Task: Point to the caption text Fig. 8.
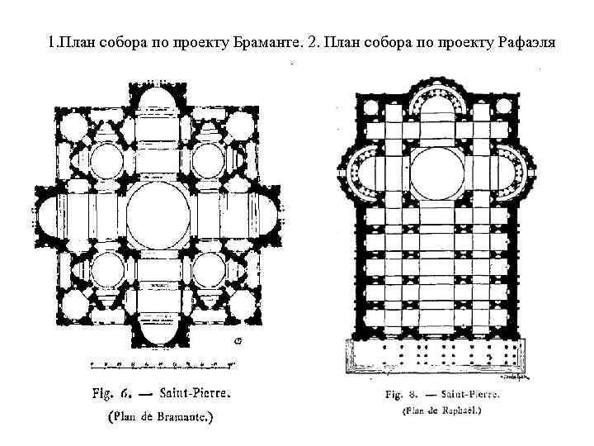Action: (x=403, y=395)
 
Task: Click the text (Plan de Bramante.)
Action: (x=160, y=417)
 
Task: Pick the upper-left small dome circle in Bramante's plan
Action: (x=105, y=159)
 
